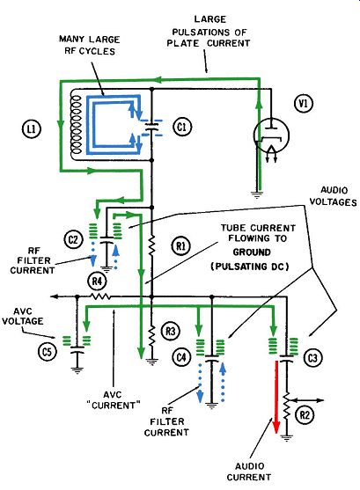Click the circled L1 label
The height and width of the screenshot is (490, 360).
[x=32, y=128]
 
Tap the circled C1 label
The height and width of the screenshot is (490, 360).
[x=181, y=128]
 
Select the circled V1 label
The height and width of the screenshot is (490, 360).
[x=303, y=103]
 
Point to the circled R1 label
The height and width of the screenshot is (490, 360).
[x=181, y=246]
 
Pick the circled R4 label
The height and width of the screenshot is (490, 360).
[x=98, y=281]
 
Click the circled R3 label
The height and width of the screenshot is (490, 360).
[x=170, y=331]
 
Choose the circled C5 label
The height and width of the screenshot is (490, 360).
[x=47, y=352]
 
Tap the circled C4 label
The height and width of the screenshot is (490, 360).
[x=181, y=356]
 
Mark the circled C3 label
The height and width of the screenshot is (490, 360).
[x=312, y=358]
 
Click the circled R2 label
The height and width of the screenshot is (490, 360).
[x=304, y=415]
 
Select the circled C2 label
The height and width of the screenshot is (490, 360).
[x=73, y=239]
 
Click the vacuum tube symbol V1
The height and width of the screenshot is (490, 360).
[x=271, y=135]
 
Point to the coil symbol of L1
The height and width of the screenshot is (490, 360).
[x=77, y=125]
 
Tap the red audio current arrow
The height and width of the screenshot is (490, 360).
[x=276, y=397]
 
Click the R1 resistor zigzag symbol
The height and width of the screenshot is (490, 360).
[x=151, y=245]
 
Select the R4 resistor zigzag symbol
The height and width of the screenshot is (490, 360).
[x=100, y=296]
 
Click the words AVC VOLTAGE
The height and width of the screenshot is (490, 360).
[x=23, y=316]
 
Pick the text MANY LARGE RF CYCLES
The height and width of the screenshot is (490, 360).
[x=90, y=46]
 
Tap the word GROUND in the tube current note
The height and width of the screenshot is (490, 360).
[x=252, y=252]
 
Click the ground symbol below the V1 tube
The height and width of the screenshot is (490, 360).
[x=257, y=194]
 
